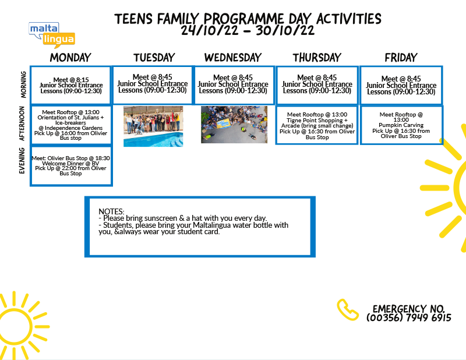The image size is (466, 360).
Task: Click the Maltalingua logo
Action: [x=52, y=35]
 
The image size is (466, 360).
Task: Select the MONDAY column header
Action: [x=70, y=57]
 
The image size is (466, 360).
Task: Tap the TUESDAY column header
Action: [x=154, y=57]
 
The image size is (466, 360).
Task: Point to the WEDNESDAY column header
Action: [x=233, y=57]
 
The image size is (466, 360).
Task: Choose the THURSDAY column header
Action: [x=317, y=57]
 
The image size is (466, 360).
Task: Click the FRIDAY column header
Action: [x=401, y=57]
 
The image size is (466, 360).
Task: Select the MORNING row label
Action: [x=23, y=84]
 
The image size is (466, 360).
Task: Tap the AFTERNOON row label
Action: [x=22, y=123]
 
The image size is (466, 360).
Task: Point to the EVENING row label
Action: [x=22, y=161]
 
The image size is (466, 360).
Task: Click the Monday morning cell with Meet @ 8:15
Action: [x=71, y=85]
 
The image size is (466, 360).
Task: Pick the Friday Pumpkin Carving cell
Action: [x=401, y=125]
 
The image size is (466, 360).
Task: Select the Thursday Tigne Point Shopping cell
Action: [x=317, y=125]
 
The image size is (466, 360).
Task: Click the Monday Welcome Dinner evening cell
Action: [x=71, y=165]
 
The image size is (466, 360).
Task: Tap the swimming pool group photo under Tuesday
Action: [x=153, y=126]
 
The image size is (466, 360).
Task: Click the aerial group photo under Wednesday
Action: [x=234, y=125]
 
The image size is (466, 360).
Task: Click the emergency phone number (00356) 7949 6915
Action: [x=409, y=317]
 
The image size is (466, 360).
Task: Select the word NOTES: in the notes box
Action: [x=111, y=211]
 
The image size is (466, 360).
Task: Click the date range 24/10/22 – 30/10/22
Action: [x=248, y=30]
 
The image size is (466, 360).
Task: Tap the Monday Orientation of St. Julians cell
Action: [x=70, y=125]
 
